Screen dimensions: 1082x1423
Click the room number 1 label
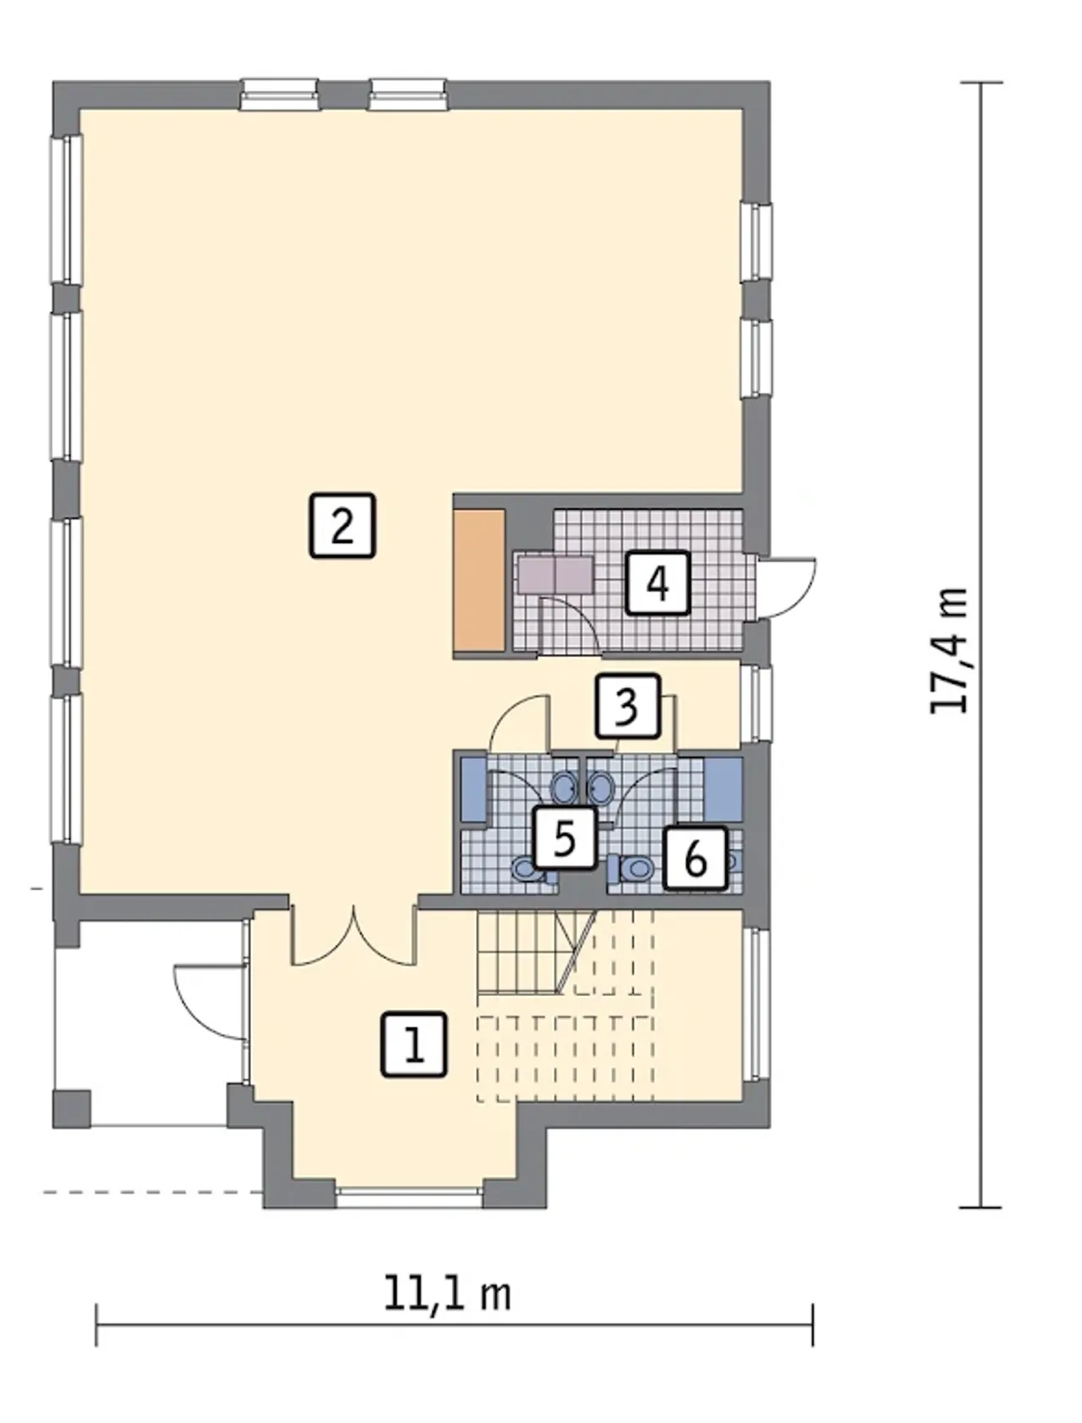(x=414, y=1045)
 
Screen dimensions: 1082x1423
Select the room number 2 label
(x=342, y=526)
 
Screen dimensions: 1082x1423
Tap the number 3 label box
(x=627, y=706)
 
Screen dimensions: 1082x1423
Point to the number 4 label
(x=658, y=583)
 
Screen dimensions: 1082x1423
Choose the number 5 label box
(x=565, y=838)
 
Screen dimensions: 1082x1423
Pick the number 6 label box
(x=696, y=858)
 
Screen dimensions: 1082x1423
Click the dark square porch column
(x=72, y=1109)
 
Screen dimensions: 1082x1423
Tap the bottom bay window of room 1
(x=409, y=1196)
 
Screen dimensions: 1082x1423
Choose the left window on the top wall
(x=279, y=95)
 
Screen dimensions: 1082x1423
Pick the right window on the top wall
(x=407, y=95)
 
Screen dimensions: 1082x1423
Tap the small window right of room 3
(x=757, y=705)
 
